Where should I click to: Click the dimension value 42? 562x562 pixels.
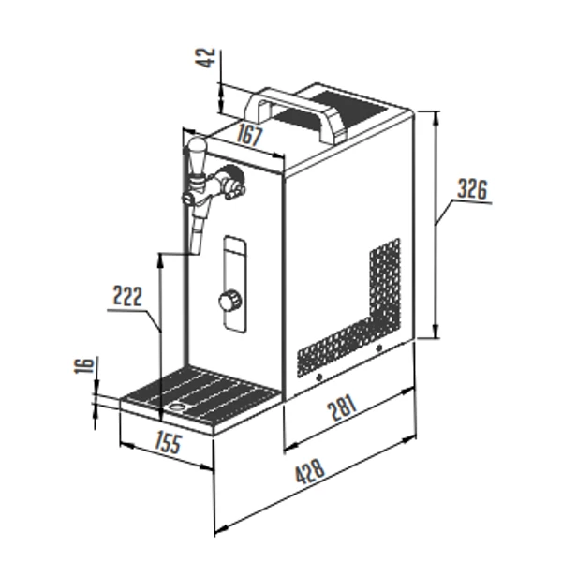[205, 58]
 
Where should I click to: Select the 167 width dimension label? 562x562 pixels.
[250, 136]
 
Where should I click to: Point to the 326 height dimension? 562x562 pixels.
[473, 189]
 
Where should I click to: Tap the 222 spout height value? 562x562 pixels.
[127, 296]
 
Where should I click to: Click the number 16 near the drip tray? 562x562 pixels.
[84, 365]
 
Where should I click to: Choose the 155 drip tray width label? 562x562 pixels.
[169, 442]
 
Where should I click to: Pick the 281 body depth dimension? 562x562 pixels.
[343, 407]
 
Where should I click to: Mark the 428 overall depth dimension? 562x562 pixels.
[310, 472]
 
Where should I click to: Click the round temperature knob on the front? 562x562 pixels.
[229, 300]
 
